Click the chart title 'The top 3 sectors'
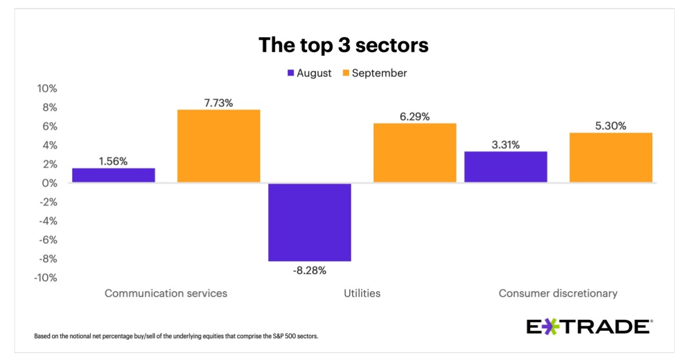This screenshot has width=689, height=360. point(343,45)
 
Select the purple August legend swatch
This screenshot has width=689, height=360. point(291,73)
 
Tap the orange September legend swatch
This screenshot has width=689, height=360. point(346,73)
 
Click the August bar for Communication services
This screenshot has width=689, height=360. point(113,175)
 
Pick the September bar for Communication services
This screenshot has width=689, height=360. point(218,146)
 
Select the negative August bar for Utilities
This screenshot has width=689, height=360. point(309,222)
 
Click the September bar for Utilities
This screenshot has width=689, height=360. point(415,153)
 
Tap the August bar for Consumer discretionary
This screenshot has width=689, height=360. point(505,167)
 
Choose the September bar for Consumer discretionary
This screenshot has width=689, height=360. point(610,157)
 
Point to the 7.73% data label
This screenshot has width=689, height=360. point(218,103)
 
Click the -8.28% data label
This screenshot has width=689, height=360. point(309,270)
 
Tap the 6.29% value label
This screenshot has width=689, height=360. point(415,117)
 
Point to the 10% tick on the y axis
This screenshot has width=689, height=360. point(47,89)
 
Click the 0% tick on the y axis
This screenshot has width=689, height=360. point(50,183)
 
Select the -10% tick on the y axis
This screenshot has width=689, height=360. point(46,278)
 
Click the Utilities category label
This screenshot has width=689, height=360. point(362,293)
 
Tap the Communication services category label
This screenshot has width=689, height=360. point(166,293)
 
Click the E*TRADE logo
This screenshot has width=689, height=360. point(589,327)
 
